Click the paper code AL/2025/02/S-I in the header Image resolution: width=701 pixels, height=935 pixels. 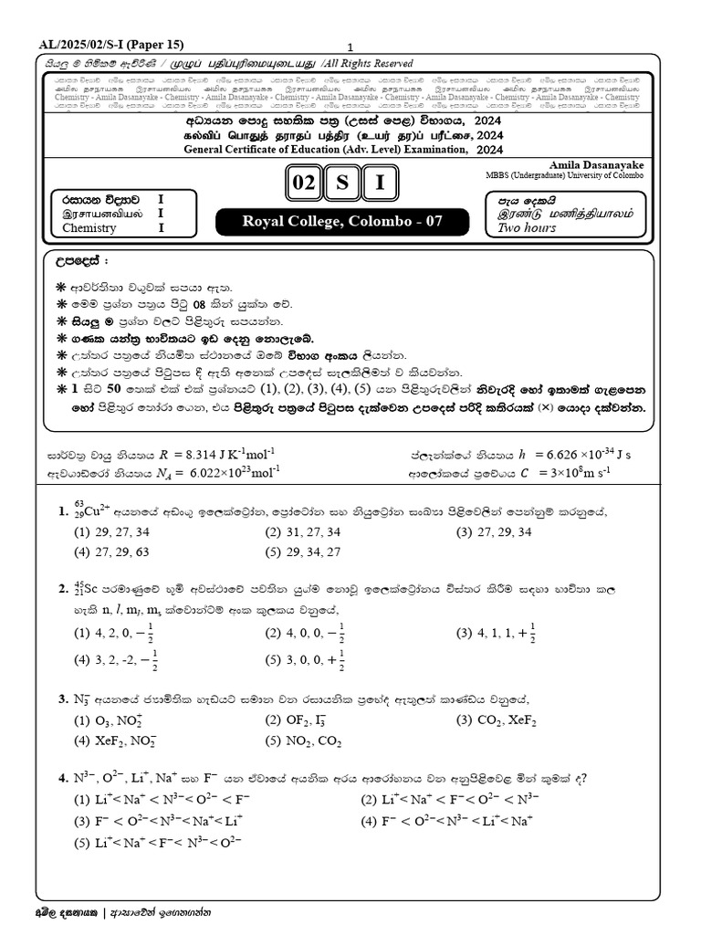click(x=85, y=44)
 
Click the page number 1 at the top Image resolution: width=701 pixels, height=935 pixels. click(x=350, y=47)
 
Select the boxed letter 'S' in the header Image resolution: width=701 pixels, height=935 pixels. click(x=340, y=184)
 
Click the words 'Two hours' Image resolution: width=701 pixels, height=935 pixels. click(x=527, y=228)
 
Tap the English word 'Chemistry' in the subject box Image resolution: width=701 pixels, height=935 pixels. click(x=89, y=228)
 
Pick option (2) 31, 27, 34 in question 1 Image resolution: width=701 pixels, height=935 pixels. click(x=303, y=531)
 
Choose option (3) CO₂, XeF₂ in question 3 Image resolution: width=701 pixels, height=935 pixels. click(x=503, y=720)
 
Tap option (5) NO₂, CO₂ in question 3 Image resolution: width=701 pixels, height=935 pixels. click(x=310, y=741)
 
